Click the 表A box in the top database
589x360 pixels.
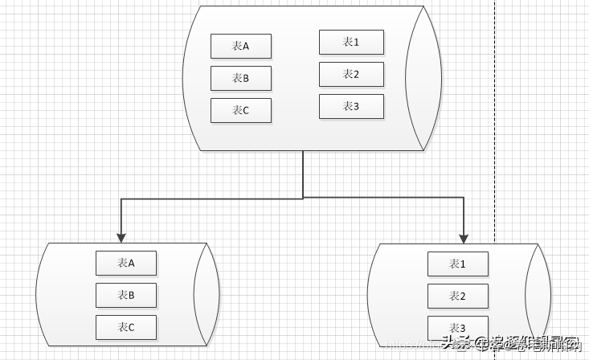point(241,47)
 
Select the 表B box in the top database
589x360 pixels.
point(241,79)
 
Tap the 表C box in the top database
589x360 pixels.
point(241,111)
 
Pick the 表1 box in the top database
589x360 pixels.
point(351,42)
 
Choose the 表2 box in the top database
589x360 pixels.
point(351,74)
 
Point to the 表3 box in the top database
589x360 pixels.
point(351,106)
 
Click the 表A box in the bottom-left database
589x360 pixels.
point(126,263)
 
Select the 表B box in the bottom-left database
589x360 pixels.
point(126,295)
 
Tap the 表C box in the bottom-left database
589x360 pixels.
point(126,327)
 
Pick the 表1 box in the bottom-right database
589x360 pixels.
point(458,264)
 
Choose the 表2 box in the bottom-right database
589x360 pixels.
point(458,296)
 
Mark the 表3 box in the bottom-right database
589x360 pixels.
point(458,327)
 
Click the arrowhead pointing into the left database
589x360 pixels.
point(121,237)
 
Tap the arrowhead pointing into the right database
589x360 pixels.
point(464,237)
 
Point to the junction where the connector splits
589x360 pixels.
point(303,198)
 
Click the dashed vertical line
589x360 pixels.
point(494,121)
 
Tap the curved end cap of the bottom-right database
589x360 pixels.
point(538,294)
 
